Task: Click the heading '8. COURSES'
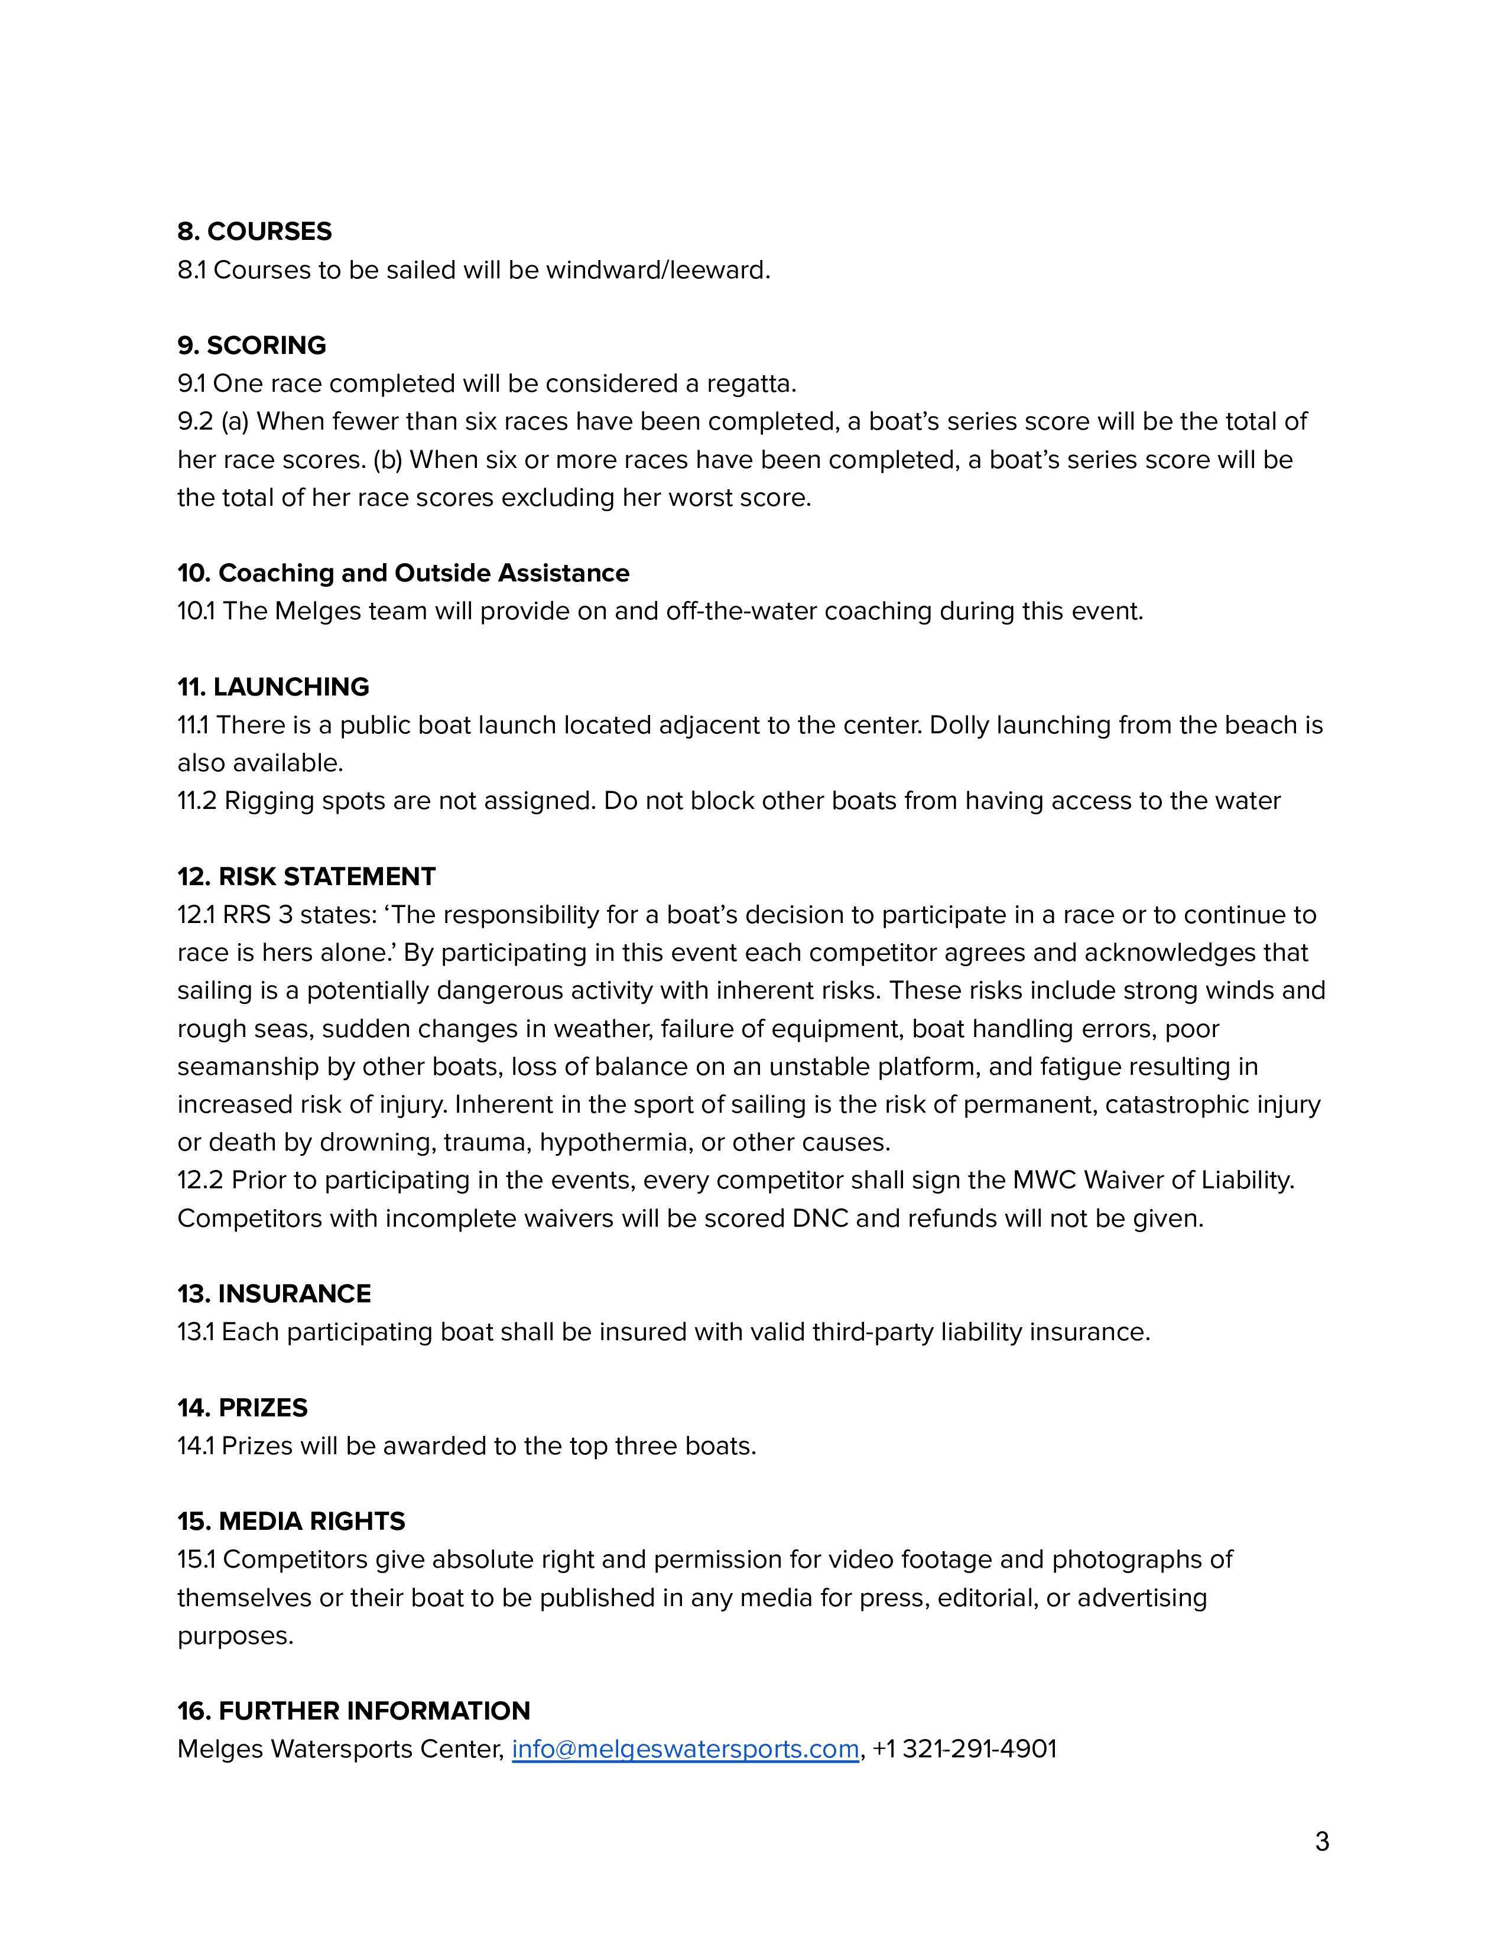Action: (255, 231)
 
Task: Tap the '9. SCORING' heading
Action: (252, 346)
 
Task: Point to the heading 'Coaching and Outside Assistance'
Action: (423, 573)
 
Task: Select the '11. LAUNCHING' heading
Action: (273, 687)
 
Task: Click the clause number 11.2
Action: (196, 801)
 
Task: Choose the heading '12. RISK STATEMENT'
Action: (306, 877)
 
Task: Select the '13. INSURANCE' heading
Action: (274, 1293)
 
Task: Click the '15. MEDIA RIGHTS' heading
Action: (291, 1522)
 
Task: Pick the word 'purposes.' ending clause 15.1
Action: (236, 1636)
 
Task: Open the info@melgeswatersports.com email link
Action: (685, 1749)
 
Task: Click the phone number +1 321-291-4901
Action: (965, 1749)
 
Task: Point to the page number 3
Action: (1322, 1842)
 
